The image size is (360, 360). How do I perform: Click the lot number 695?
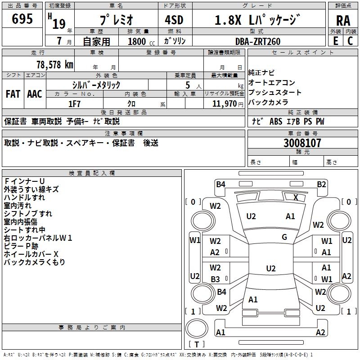[22, 19]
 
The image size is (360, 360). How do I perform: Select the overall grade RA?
[343, 21]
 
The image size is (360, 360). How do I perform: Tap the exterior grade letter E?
[335, 40]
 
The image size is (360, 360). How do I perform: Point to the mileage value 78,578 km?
[54, 64]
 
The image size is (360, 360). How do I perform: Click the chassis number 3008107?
[302, 144]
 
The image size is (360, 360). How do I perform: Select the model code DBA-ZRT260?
[257, 41]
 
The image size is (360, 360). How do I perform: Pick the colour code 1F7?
[74, 104]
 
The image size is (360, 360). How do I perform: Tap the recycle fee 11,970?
[224, 104]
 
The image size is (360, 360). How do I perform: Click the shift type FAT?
[13, 94]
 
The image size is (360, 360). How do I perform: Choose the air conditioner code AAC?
[35, 94]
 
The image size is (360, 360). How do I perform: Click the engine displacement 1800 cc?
[139, 41]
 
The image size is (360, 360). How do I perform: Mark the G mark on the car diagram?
[284, 237]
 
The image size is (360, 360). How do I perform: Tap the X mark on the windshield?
[296, 197]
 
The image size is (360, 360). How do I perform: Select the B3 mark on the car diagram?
[215, 279]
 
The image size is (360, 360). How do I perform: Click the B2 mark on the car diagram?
[321, 184]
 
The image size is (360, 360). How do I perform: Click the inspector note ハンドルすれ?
[24, 198]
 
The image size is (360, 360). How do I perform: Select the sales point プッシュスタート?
[275, 93]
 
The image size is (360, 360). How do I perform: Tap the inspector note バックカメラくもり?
[34, 262]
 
